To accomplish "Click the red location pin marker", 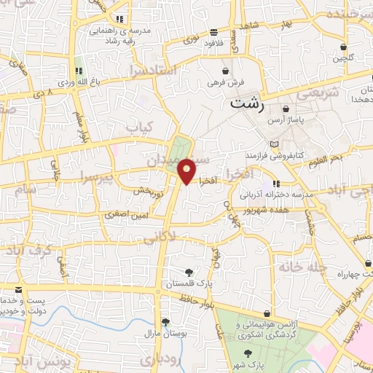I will coord(186,170).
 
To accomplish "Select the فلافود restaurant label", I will coord(213,42).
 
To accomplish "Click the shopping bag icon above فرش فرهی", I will coord(226,71).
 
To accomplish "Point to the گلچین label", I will coord(342,57).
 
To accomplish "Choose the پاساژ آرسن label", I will coord(285,118).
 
